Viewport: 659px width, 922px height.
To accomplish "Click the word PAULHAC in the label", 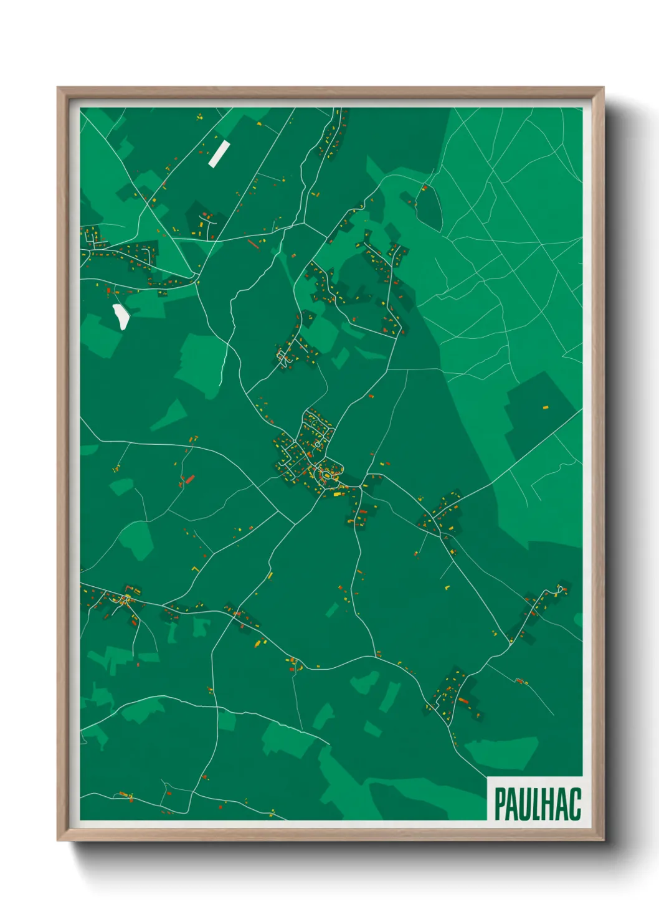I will [538, 804].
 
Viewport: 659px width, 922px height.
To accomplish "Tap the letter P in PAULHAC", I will [500, 804].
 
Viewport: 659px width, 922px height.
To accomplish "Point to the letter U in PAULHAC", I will [525, 804].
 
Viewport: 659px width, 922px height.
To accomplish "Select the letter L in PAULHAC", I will [536, 804].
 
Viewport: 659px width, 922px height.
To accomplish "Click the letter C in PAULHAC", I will [574, 804].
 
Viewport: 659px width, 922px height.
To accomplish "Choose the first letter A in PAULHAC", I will [513, 804].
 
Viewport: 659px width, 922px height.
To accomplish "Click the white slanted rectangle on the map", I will [219, 154].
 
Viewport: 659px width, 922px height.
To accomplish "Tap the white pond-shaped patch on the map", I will [120, 316].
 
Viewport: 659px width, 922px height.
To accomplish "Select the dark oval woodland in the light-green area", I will [429, 206].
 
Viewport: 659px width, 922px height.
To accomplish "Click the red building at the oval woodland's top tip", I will [425, 187].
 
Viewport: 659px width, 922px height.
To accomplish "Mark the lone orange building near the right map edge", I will [546, 407].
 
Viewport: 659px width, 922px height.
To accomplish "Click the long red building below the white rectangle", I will [252, 243].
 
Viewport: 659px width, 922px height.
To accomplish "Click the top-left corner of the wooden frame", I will [58, 88].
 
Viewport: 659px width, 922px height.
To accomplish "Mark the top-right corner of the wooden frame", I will [603, 88].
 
